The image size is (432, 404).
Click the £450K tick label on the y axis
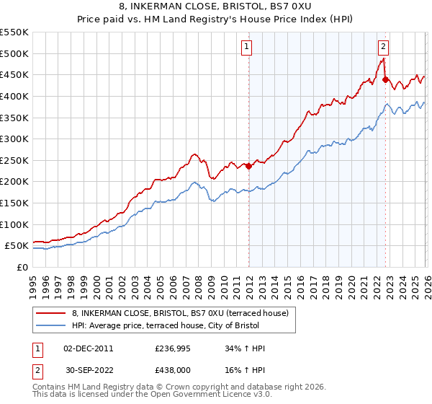14,75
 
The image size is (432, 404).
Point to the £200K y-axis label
14,182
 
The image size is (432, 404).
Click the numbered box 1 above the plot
247,47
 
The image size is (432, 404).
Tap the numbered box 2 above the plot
383,47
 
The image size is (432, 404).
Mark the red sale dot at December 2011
248,166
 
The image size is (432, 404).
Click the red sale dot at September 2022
385,80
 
